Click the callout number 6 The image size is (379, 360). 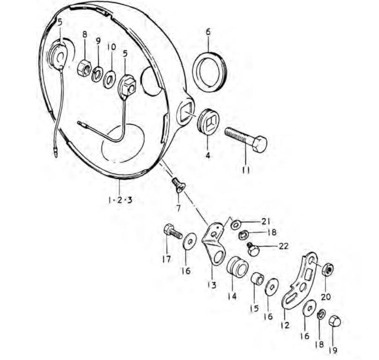click(208, 32)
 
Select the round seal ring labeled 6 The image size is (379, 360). click(210, 72)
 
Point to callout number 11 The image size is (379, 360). click(246, 170)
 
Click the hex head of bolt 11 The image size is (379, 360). click(260, 144)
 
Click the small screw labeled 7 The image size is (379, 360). click(179, 186)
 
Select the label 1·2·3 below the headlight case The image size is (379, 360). click(120, 200)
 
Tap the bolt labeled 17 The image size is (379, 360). click(172, 232)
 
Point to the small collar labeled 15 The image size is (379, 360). click(257, 279)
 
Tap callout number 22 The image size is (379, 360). click(283, 246)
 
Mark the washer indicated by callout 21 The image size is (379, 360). click(235, 224)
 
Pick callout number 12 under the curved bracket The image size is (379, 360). click(285, 325)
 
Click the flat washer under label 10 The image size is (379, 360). click(109, 79)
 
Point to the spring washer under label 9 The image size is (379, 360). click(97, 73)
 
